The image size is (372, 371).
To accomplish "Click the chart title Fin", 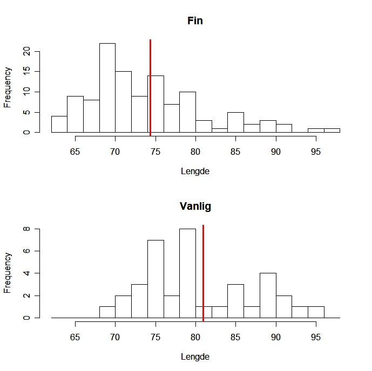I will point(195,21).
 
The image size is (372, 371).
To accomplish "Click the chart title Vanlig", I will point(195,207).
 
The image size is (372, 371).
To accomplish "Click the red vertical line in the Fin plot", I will point(150,86).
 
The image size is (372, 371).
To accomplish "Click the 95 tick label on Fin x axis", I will point(315,152).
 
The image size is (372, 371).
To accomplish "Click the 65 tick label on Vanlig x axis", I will point(75,337).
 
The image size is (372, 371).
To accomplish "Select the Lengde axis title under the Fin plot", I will point(195,171).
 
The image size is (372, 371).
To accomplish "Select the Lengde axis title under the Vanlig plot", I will point(195,356).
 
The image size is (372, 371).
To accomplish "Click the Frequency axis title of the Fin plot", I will point(8,87).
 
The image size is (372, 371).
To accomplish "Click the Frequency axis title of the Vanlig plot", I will point(8,272).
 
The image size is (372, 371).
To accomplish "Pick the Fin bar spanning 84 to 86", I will point(235,122).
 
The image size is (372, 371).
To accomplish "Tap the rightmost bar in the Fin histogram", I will point(332,130).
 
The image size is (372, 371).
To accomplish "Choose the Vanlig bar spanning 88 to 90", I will point(267,296).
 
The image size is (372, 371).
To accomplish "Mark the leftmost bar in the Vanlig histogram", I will point(107,312).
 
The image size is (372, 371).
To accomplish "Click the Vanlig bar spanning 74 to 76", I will point(155,279).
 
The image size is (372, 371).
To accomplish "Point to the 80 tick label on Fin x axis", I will point(195,152).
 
